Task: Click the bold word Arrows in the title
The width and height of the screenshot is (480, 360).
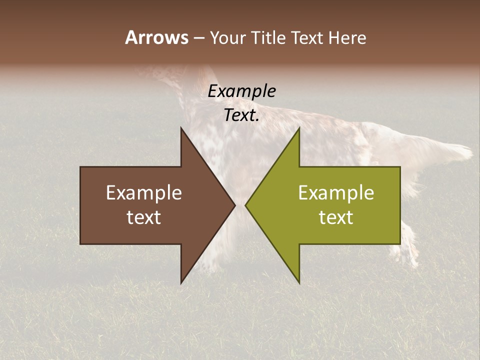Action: pos(156,37)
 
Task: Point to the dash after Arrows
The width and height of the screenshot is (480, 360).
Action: pos(198,38)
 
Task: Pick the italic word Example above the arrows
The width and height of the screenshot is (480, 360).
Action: pos(241,91)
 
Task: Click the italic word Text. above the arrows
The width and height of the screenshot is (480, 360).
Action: pos(241,115)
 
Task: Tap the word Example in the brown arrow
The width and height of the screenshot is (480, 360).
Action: pos(144,193)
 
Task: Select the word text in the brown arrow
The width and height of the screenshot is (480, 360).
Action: pos(144,217)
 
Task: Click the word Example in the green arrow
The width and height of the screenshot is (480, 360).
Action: pos(336,193)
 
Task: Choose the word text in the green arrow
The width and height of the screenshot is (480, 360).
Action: pos(336,217)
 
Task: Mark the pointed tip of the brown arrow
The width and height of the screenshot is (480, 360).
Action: pos(235,205)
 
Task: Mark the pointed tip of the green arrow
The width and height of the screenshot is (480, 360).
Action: pos(245,205)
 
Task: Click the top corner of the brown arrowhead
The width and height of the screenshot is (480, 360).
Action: pos(181,128)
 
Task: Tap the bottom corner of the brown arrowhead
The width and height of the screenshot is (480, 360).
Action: pos(181,283)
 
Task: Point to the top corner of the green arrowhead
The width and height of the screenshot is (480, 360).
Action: pos(299,128)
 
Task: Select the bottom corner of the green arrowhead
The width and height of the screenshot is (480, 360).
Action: pos(299,283)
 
